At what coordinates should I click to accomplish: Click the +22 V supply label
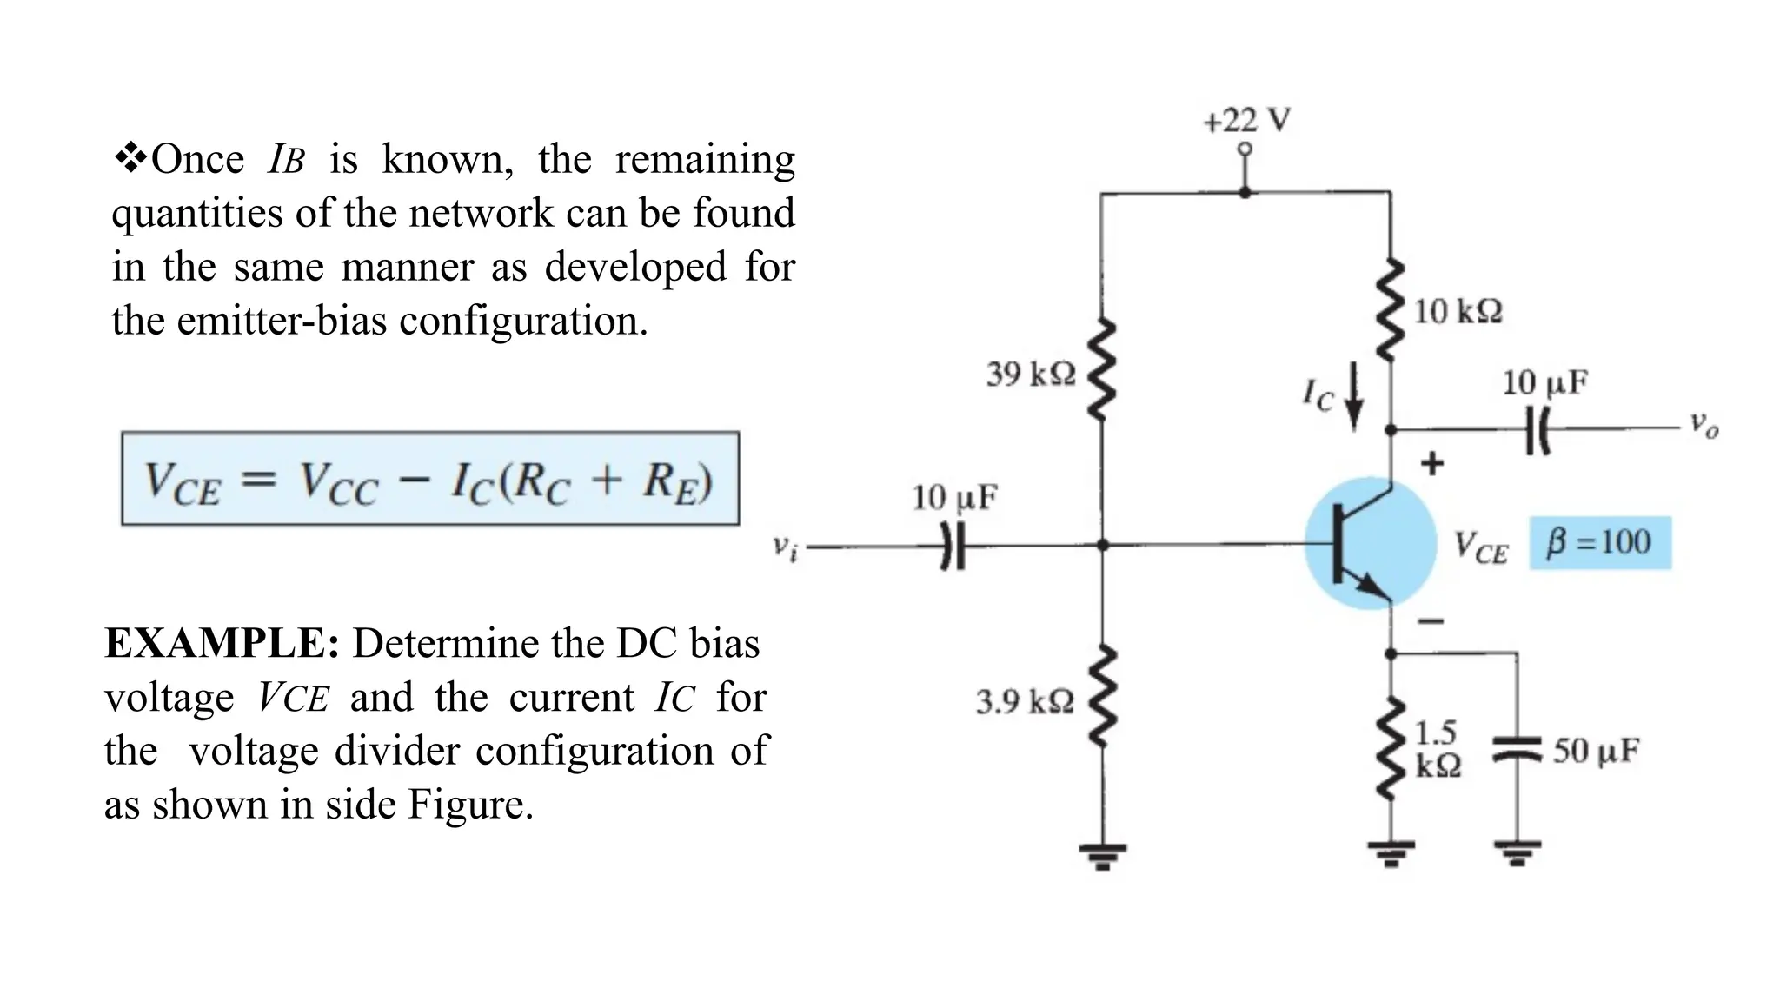pos(1246,121)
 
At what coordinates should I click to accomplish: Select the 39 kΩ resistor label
pos(1030,375)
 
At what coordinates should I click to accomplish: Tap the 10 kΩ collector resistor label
pos(1458,311)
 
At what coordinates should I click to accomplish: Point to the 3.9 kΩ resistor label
pos(1024,701)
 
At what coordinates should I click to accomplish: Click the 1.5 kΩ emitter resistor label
pos(1438,749)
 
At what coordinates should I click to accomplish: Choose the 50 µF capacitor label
pos(1596,751)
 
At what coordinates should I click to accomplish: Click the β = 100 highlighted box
pos(1599,543)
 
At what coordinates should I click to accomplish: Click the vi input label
pos(785,547)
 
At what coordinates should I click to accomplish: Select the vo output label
pos(1704,426)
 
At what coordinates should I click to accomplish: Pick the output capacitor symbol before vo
pos(1538,428)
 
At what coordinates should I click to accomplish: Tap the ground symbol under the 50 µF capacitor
pos(1518,852)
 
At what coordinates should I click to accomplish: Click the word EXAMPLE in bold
pos(222,644)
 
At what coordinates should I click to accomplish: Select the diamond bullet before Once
pos(130,159)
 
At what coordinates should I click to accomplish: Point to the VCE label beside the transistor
pos(1481,547)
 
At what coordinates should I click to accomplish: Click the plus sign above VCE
pos(1432,463)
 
